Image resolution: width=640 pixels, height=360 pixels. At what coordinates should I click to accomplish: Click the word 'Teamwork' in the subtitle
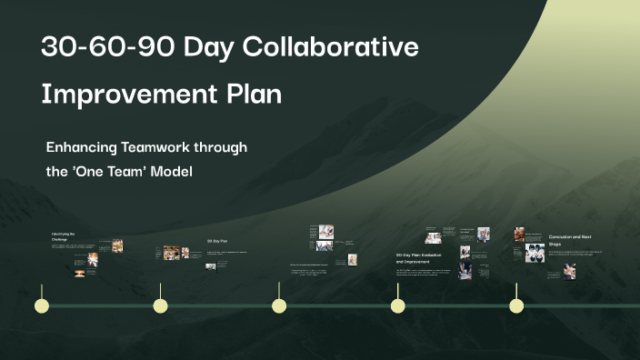(169, 147)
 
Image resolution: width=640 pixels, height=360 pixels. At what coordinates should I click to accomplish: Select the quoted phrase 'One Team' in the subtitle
(108, 171)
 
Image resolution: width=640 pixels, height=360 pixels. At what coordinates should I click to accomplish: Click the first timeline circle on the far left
(41, 305)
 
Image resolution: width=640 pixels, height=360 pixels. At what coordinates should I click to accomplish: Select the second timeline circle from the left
(160, 305)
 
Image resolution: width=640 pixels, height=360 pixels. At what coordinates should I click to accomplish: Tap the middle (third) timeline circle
(279, 305)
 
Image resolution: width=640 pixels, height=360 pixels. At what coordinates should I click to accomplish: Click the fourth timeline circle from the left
(397, 305)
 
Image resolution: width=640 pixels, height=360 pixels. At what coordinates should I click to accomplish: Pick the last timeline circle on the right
(516, 305)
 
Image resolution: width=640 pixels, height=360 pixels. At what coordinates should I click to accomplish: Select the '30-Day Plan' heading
(217, 241)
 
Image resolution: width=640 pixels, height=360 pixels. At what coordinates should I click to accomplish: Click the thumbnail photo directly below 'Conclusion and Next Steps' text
(569, 271)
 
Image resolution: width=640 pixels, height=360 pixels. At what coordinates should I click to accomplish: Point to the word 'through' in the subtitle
(226, 147)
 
